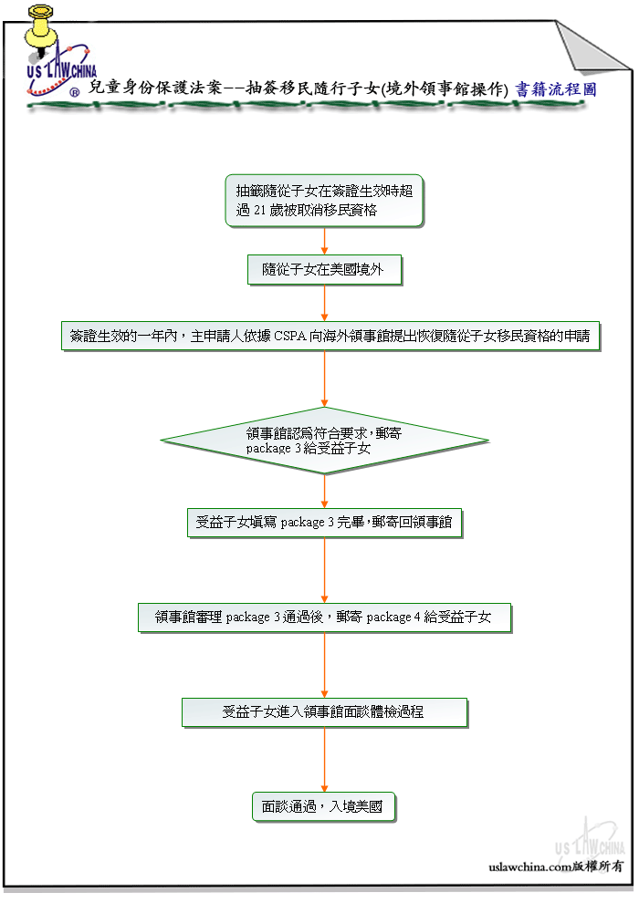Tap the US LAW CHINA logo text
point(62,70)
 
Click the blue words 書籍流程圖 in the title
point(555,89)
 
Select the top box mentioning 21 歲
point(324,201)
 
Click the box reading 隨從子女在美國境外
point(324,269)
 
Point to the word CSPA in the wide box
point(289,336)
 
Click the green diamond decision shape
point(324,441)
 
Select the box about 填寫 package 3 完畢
point(324,523)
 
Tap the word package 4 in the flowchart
point(393,618)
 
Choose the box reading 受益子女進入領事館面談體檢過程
point(324,712)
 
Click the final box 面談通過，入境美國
point(324,807)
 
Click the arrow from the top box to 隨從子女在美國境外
point(324,241)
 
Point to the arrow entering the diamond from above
point(324,379)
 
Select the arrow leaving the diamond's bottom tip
point(324,492)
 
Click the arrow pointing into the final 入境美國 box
point(324,760)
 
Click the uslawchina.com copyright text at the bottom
point(556,867)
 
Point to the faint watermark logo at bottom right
point(590,838)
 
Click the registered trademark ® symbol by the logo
point(75,93)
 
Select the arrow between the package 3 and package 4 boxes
point(324,570)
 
